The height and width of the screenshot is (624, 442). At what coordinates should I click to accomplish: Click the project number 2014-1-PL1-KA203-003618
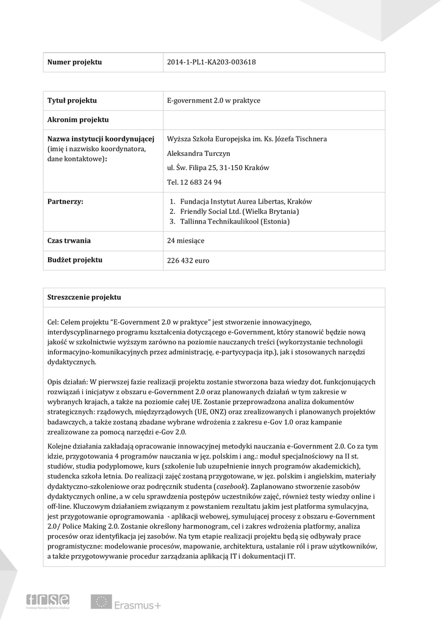(211, 62)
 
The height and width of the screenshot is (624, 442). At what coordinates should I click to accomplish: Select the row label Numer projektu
(74, 62)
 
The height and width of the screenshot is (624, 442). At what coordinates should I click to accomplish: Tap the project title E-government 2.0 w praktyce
(213, 101)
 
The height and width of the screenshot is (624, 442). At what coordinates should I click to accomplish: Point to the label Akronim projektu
(77, 119)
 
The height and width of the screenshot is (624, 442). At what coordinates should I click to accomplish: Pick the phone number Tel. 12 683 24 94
(194, 182)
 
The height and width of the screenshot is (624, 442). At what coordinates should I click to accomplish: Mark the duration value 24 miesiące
(185, 241)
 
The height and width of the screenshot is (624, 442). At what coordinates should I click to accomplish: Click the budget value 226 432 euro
(188, 260)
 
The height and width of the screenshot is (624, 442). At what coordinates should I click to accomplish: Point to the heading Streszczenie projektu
(84, 297)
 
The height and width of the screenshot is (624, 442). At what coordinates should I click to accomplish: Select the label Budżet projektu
(74, 260)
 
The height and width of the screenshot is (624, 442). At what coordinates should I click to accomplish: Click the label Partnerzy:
(65, 200)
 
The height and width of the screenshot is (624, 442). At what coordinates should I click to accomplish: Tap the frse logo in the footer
(48, 601)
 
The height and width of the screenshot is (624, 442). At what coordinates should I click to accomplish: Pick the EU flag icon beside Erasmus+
(101, 602)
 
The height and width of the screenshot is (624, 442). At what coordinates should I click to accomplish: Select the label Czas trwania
(69, 241)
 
